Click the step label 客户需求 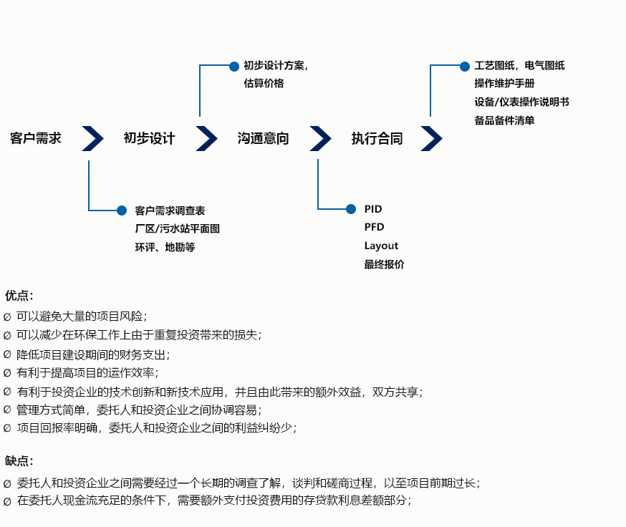(36, 138)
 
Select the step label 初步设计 (149, 138)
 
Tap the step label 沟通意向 (263, 138)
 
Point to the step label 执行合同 (377, 138)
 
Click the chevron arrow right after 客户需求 (92, 138)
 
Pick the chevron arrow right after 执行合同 (431, 138)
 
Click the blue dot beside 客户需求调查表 (122, 211)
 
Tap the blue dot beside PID (351, 209)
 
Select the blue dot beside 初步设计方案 (234, 67)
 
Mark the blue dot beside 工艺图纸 (465, 67)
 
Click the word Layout (381, 246)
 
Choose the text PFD (374, 227)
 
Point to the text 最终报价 (384, 264)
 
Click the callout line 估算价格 (264, 83)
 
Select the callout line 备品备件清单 (504, 120)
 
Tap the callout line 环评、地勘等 (165, 247)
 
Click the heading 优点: (19, 295)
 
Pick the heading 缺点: (19, 461)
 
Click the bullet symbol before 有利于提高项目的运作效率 (7, 373)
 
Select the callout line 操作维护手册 (504, 83)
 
